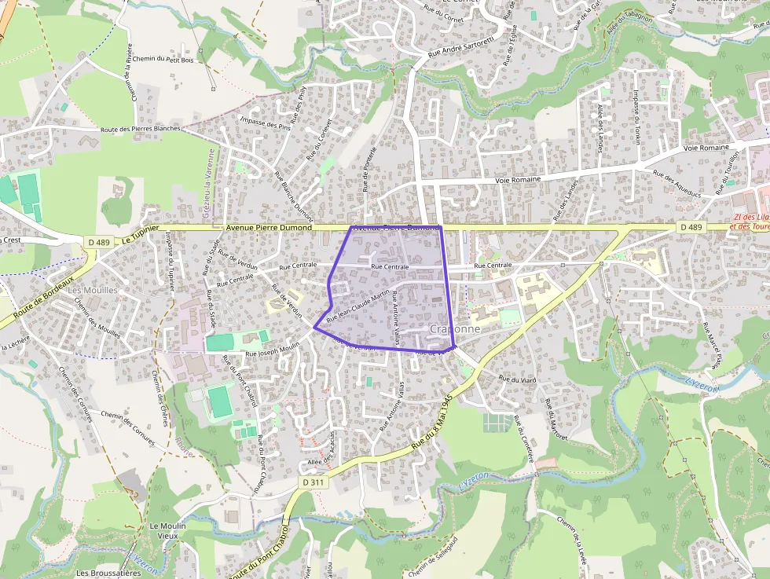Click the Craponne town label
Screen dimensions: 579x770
click(x=456, y=329)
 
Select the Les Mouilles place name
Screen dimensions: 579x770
click(x=93, y=290)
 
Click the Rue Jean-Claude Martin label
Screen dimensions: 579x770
click(x=358, y=306)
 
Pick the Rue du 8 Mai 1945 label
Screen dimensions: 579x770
click(x=437, y=424)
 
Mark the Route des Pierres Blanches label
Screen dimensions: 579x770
click(x=141, y=128)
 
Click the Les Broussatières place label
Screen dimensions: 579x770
click(x=103, y=573)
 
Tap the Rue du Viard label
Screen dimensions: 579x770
click(x=518, y=379)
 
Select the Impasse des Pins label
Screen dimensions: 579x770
click(x=264, y=123)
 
